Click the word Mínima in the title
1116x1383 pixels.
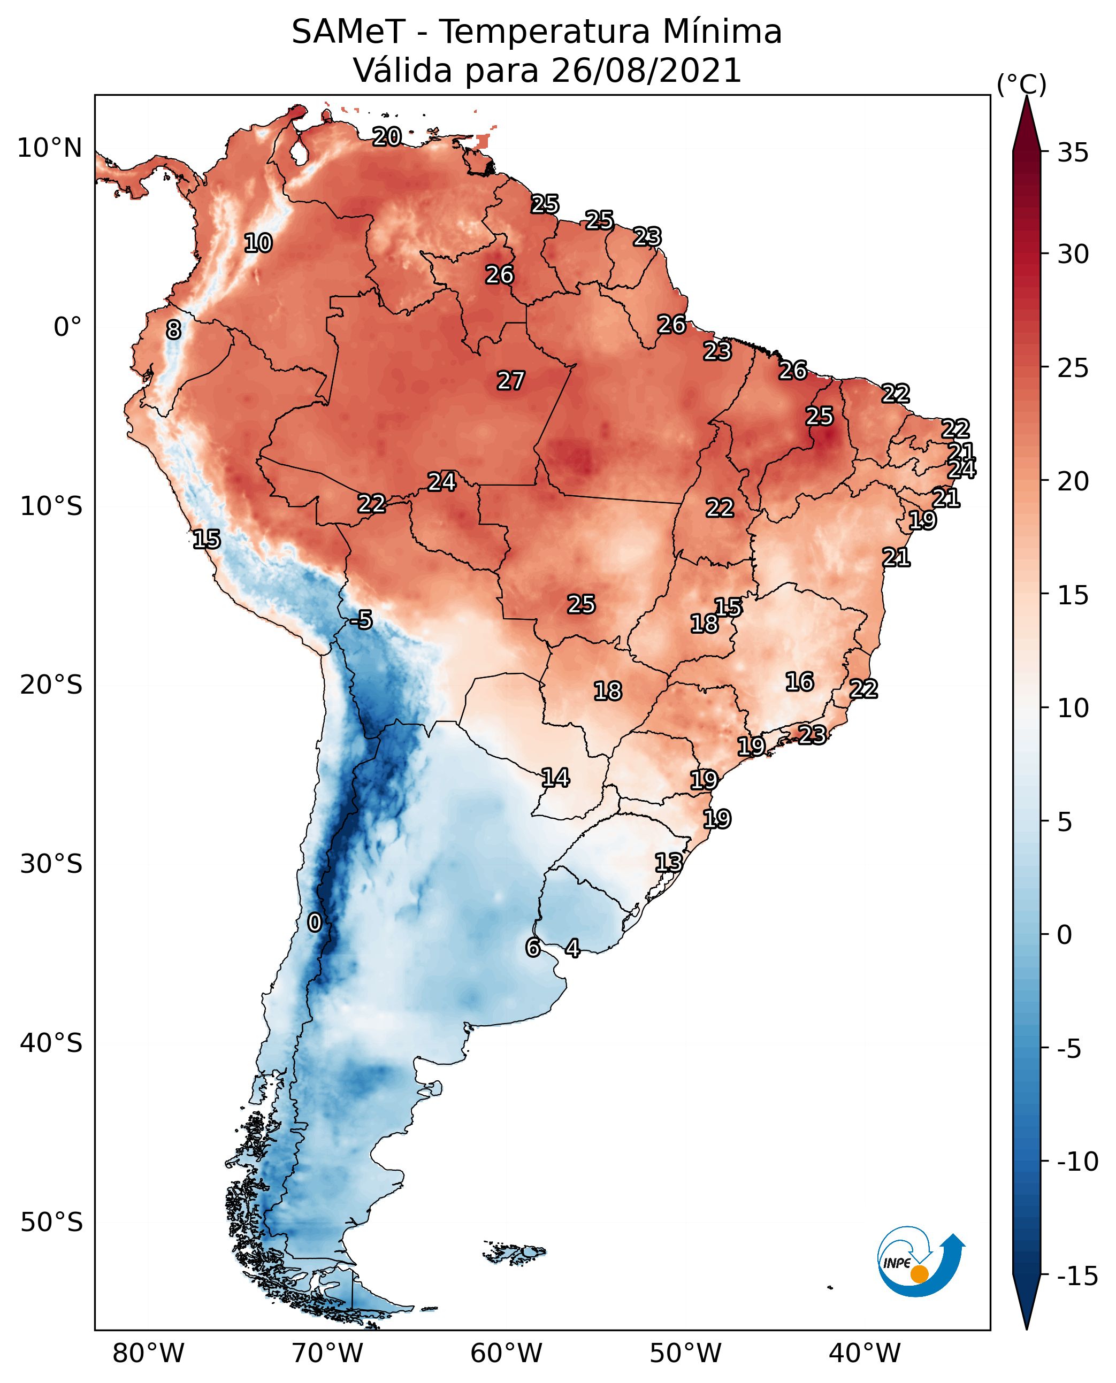(x=721, y=32)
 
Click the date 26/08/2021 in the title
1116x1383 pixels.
(x=646, y=70)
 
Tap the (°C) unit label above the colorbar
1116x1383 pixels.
(x=1021, y=85)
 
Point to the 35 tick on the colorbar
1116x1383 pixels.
(x=1073, y=153)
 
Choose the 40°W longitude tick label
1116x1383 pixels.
(x=864, y=1353)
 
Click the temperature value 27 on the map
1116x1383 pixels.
(x=510, y=381)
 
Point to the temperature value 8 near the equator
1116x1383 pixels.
(x=173, y=331)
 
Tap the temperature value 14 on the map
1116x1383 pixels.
(x=555, y=778)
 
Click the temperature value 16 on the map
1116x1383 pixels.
(x=799, y=682)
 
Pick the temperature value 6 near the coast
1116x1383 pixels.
(x=533, y=947)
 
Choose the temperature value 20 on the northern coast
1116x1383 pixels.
(x=387, y=137)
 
